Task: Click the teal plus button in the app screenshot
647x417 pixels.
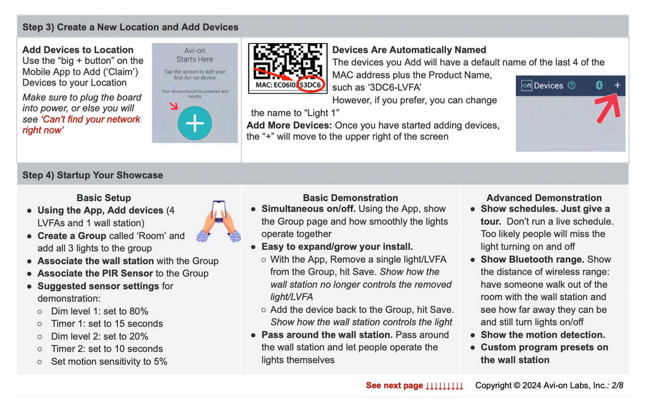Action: coord(195,123)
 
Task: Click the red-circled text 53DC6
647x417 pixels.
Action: coord(311,85)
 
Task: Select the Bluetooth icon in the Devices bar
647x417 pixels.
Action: coord(599,85)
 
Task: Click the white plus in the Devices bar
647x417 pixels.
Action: coord(617,85)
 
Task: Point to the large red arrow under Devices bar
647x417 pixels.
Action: coord(608,108)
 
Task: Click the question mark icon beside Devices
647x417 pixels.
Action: coord(571,85)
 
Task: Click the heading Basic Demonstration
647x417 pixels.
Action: coord(350,198)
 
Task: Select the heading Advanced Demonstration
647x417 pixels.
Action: coord(544,198)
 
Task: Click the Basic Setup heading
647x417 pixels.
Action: coord(104,198)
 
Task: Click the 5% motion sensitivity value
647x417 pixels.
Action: coord(160,362)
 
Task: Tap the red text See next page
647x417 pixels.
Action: coord(394,386)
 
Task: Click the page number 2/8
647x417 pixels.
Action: coord(617,386)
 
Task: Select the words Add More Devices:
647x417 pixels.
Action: coord(289,125)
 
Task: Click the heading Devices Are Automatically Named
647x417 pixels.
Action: coord(409,50)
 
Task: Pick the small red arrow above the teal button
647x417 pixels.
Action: coord(173,106)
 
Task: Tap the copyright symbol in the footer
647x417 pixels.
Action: coord(517,386)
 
